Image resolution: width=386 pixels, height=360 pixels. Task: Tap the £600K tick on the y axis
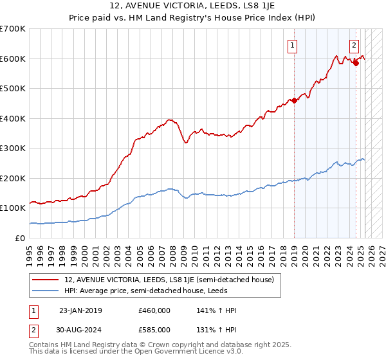click(x=13, y=59)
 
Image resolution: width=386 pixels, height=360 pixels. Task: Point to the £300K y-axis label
click(x=13, y=148)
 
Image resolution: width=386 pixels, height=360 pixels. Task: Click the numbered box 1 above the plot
click(x=293, y=45)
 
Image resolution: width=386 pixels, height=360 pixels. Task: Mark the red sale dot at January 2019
click(x=294, y=100)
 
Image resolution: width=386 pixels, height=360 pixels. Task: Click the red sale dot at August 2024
click(x=356, y=63)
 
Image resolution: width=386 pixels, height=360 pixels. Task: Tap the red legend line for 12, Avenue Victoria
click(x=45, y=280)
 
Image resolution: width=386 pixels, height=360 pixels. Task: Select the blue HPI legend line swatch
click(x=45, y=291)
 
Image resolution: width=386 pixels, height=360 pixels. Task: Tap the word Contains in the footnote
click(x=46, y=346)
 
